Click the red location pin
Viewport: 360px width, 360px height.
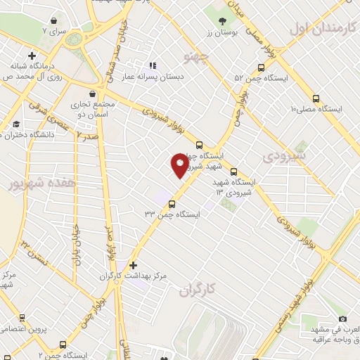pos(180,165)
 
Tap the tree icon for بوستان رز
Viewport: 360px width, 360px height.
pos(223,20)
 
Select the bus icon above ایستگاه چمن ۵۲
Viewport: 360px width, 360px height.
pos(262,68)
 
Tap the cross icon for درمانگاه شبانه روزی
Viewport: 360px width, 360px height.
pos(32,55)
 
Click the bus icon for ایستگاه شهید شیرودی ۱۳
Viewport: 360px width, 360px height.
pos(233,171)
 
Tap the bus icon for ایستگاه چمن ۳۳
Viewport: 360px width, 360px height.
pos(172,204)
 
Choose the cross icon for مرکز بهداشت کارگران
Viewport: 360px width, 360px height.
pos(133,264)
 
